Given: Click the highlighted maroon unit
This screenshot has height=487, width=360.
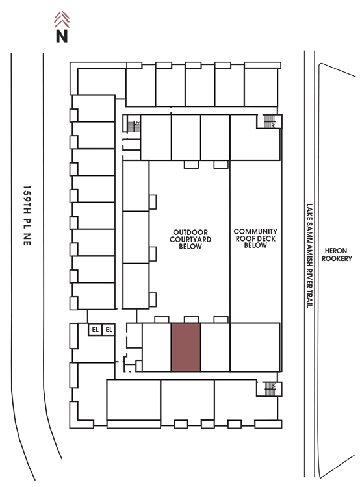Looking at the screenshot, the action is [186, 347].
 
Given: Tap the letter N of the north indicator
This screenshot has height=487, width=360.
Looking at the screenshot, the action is [62, 36].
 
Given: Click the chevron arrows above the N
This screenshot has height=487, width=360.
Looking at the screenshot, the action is [62, 19].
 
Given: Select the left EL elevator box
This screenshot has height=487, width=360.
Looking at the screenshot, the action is [95, 329].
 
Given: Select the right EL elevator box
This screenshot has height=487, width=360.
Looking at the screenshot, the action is [109, 329].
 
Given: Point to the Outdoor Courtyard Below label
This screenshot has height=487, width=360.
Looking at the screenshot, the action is [190, 240].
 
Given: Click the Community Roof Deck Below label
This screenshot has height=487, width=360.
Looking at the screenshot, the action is [255, 238].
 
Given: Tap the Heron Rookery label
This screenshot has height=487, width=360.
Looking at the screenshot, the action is [337, 255].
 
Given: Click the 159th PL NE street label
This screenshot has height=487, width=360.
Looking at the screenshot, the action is [27, 216].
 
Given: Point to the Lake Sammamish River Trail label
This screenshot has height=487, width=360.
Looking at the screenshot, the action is [309, 256].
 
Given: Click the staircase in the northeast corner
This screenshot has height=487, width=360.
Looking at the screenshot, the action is [269, 121].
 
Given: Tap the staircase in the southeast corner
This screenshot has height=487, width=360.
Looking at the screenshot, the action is [270, 389].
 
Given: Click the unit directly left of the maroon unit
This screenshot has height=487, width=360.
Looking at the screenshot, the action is [157, 347].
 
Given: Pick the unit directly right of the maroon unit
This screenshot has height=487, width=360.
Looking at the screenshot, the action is [216, 347].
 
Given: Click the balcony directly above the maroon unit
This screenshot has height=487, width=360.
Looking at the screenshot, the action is [191, 319].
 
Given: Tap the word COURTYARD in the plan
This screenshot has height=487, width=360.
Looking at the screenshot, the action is [190, 240].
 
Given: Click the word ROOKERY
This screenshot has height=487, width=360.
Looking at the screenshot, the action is [337, 258].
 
